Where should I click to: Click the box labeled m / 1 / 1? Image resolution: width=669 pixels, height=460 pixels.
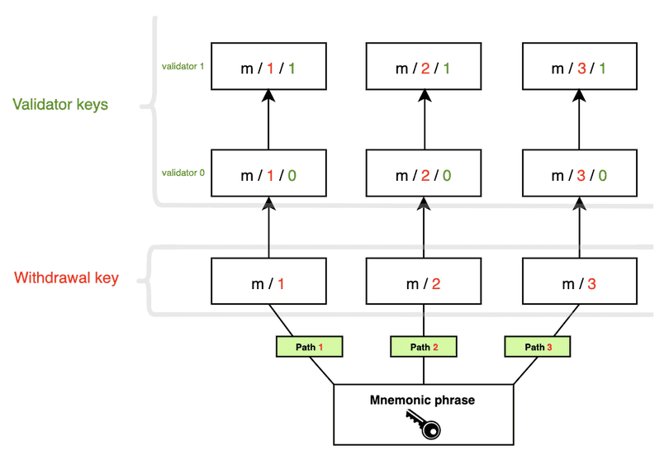(x=268, y=67)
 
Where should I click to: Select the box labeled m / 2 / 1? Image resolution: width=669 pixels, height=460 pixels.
(x=424, y=67)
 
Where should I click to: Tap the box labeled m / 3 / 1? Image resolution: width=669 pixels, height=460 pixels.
(x=580, y=67)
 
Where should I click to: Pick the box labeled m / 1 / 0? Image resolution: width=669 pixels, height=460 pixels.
(x=268, y=174)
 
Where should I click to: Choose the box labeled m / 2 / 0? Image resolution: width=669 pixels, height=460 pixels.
(x=424, y=174)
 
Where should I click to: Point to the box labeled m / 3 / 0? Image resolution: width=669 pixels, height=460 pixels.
(x=580, y=174)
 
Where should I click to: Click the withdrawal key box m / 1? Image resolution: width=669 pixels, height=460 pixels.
(x=268, y=283)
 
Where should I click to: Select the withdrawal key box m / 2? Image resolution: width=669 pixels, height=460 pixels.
(x=424, y=283)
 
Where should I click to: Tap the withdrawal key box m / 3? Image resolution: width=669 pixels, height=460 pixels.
(x=580, y=283)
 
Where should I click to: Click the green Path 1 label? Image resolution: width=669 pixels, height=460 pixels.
(x=310, y=347)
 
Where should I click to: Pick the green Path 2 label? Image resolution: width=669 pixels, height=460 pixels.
(x=424, y=347)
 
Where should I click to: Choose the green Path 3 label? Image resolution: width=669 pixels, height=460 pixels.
(x=538, y=347)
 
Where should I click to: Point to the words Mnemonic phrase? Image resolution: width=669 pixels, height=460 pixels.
(x=424, y=401)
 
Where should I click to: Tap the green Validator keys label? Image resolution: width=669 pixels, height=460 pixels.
(x=60, y=105)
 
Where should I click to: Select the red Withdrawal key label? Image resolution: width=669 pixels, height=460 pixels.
(x=66, y=277)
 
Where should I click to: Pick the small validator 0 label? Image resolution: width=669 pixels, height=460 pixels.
(x=183, y=173)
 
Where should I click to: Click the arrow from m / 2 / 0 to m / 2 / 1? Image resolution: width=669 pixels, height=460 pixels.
(x=424, y=120)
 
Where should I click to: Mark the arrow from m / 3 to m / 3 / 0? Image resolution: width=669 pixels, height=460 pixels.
(x=580, y=228)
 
